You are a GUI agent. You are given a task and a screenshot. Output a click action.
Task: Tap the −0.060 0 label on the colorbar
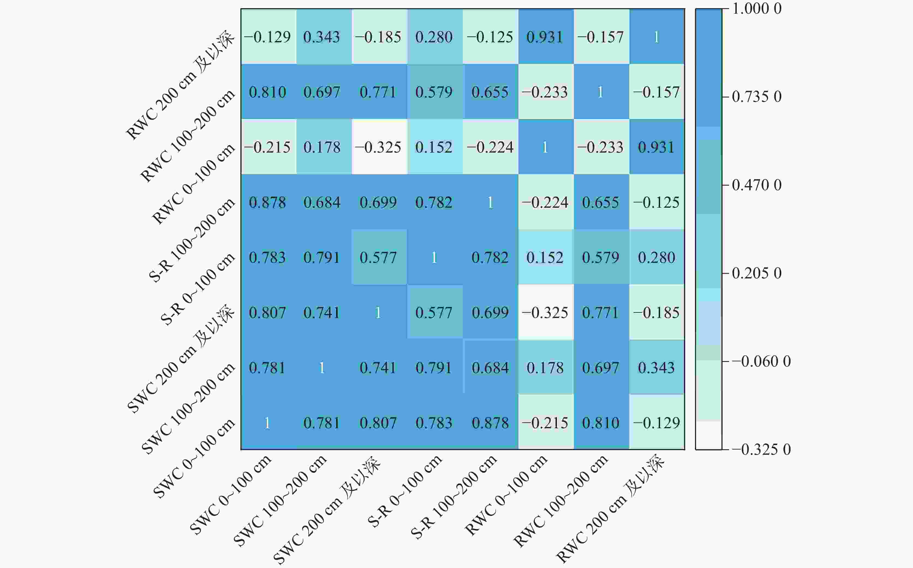click(x=761, y=361)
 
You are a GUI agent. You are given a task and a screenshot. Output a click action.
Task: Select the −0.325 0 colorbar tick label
click(x=761, y=449)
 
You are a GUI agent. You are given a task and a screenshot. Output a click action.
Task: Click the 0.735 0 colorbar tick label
click(x=757, y=97)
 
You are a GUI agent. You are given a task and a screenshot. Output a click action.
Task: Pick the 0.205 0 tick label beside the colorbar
click(x=757, y=273)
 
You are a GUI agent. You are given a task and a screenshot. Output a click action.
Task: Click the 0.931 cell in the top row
click(x=545, y=37)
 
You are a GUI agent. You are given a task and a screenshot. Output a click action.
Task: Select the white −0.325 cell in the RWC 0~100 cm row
click(x=378, y=147)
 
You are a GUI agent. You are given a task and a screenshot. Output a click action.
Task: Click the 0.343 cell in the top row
click(x=322, y=37)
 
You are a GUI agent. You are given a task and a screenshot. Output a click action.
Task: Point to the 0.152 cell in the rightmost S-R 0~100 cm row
click(x=545, y=257)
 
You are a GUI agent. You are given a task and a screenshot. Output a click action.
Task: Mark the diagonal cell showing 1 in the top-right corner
click(x=657, y=37)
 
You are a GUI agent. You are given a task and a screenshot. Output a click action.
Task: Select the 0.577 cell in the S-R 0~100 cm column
click(x=434, y=312)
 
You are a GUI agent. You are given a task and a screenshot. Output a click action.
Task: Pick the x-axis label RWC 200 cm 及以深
click(x=610, y=509)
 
